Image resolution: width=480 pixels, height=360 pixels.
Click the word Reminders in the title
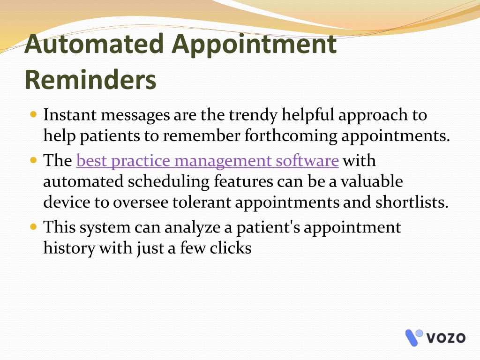(x=90, y=80)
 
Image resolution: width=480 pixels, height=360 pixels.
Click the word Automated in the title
(x=94, y=44)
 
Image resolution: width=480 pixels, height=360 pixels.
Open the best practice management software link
(x=208, y=161)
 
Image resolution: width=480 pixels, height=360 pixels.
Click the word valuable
(x=372, y=181)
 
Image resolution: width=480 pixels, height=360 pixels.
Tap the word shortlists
(x=412, y=202)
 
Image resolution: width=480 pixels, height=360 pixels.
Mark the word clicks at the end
(x=231, y=248)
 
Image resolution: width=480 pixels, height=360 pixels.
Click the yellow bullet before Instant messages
(x=34, y=115)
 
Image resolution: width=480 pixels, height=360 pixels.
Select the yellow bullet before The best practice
(x=34, y=160)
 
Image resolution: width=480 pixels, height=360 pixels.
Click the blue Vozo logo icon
(x=414, y=337)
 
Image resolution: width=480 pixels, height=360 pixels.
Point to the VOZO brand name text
(x=446, y=338)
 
